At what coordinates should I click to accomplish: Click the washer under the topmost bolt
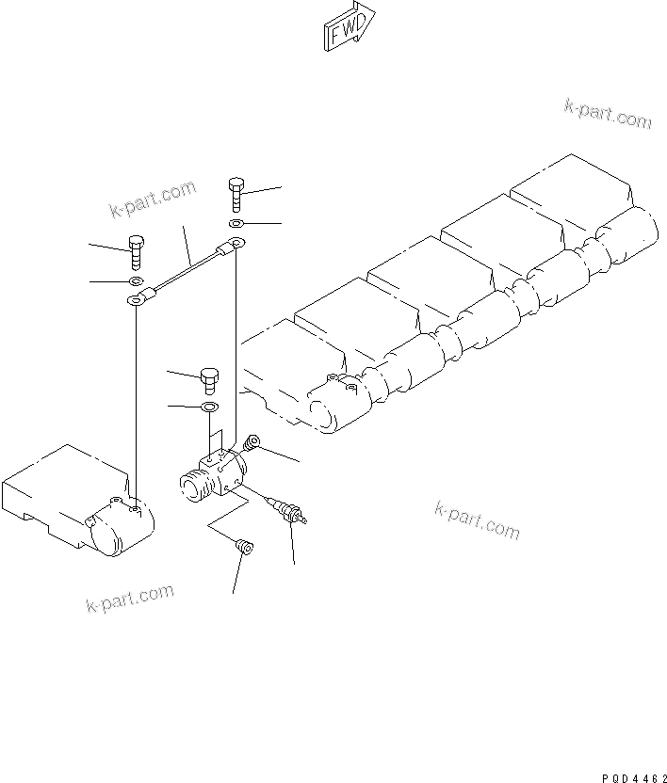(236, 224)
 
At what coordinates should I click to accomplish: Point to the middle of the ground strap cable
(187, 274)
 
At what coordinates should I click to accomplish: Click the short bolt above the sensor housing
(209, 380)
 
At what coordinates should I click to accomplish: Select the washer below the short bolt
(210, 407)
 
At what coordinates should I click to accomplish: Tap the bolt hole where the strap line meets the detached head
(137, 508)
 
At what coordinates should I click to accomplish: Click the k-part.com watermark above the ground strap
(153, 198)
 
